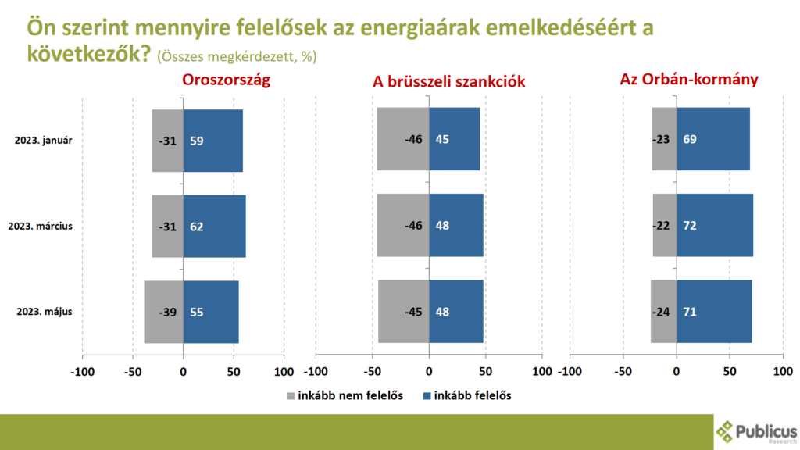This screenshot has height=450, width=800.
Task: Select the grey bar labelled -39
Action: pyautogui.click(x=163, y=312)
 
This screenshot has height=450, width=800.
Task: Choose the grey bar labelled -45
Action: pyautogui.click(x=404, y=312)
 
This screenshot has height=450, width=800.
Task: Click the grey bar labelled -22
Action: pyautogui.click(x=665, y=226)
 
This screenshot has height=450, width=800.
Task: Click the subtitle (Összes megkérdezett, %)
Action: pyautogui.click(x=237, y=57)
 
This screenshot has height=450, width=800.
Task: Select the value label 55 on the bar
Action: pyautogui.click(x=197, y=312)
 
